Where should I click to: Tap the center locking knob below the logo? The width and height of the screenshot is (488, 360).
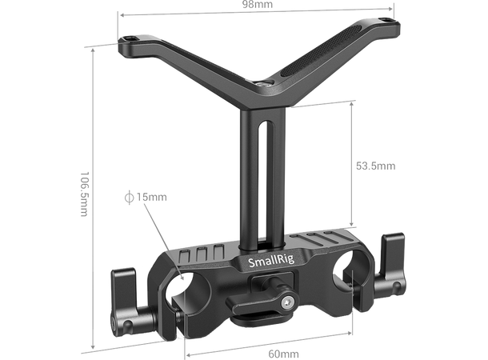(x=266, y=290)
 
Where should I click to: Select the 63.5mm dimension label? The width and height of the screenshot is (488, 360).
(x=374, y=166)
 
